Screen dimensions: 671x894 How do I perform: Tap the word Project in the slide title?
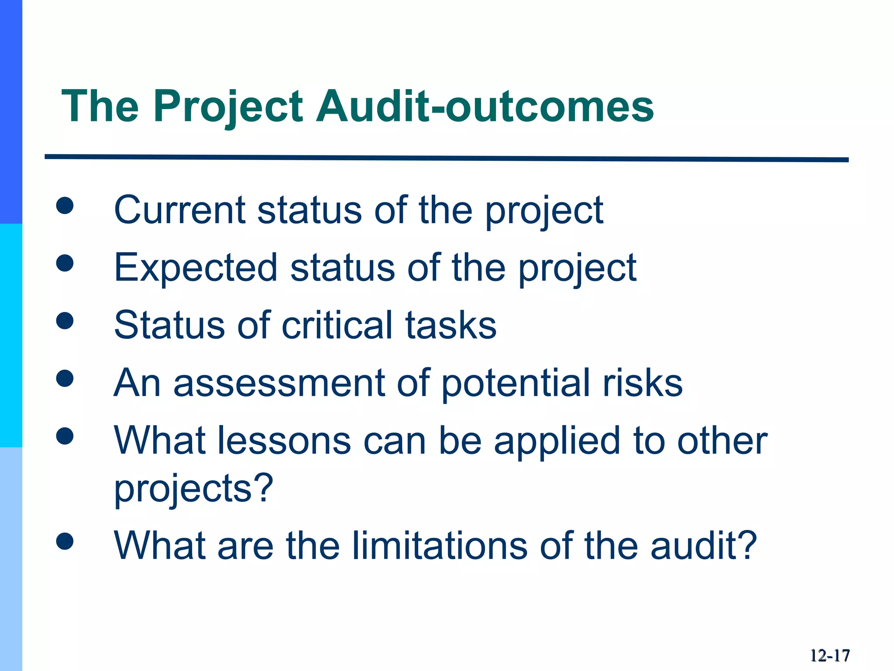click(227, 106)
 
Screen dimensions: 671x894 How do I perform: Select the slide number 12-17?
click(830, 656)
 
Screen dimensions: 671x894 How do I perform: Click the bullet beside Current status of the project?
click(65, 206)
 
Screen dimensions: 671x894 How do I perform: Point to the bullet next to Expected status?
click(65, 263)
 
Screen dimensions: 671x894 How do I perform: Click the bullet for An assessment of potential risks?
click(65, 378)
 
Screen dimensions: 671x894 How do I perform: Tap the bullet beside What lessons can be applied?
click(65, 436)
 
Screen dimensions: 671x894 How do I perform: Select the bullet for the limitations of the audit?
click(65, 542)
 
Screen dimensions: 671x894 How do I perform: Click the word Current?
click(179, 210)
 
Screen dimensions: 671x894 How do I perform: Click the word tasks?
click(451, 325)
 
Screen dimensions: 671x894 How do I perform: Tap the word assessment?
click(279, 383)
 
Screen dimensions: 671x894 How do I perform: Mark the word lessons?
click(284, 440)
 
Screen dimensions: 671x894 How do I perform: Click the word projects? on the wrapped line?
click(193, 488)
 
